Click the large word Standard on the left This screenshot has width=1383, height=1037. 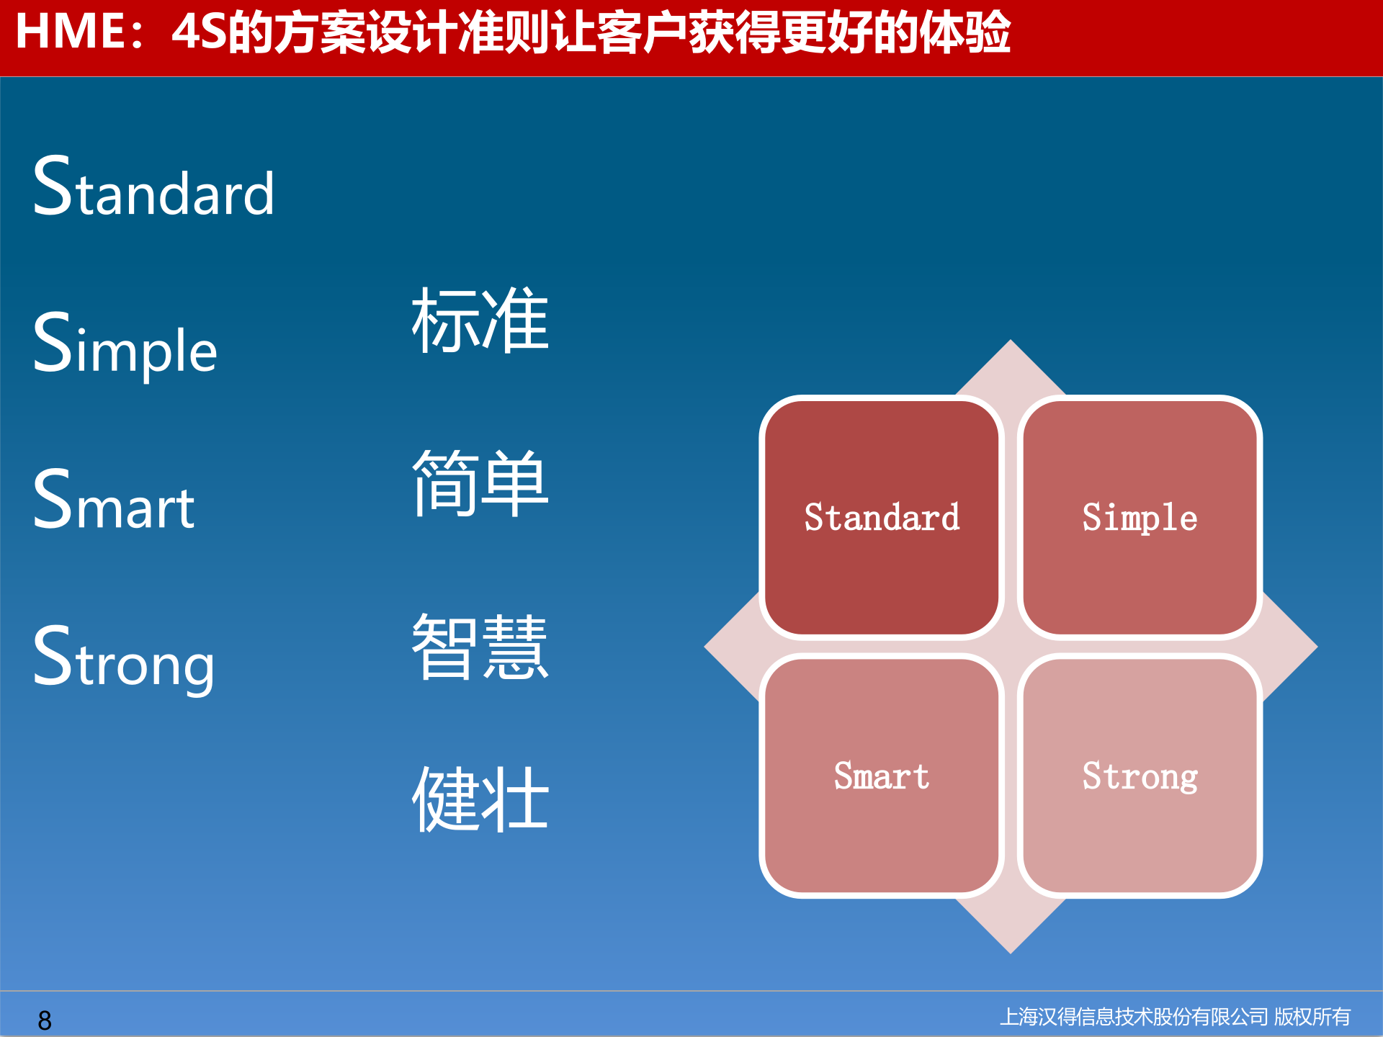(153, 189)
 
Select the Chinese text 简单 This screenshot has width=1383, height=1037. (480, 483)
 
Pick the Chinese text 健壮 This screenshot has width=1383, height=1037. (480, 799)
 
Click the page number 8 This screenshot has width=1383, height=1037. (45, 1020)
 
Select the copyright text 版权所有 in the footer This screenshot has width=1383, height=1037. (1312, 1017)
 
